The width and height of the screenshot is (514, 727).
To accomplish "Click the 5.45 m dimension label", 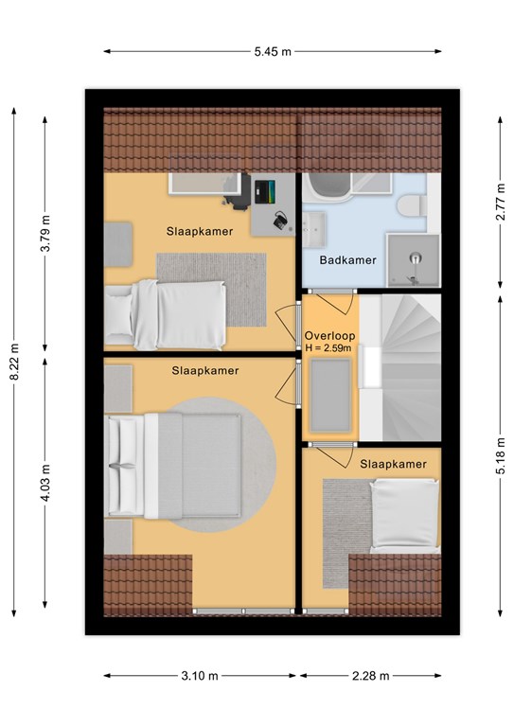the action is click(273, 51).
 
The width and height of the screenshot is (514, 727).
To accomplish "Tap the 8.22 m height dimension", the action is click(14, 363).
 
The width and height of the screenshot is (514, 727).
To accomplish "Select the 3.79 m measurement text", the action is click(44, 234).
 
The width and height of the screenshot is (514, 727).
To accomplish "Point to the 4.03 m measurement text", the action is click(44, 483).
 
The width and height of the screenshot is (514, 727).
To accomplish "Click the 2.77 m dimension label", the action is click(501, 202).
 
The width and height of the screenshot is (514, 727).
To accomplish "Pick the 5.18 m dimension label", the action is click(501, 456).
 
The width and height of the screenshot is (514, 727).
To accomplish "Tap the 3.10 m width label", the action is click(200, 676).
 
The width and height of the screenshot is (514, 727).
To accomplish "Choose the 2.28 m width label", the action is click(370, 676).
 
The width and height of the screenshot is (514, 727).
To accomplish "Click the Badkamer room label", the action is click(347, 260).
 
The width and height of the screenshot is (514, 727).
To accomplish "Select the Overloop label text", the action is click(330, 336).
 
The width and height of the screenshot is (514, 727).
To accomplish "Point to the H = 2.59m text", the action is click(328, 348).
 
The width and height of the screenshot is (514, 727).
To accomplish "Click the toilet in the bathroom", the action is click(412, 205).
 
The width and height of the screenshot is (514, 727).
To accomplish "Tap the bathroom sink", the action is click(314, 228).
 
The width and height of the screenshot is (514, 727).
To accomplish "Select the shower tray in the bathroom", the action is click(414, 260).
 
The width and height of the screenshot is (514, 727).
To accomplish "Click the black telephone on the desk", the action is click(280, 220).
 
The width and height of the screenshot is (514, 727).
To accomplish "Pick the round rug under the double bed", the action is click(222, 465).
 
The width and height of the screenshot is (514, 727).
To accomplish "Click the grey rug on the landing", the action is click(330, 395).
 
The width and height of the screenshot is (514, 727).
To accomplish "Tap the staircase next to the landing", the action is click(400, 367).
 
